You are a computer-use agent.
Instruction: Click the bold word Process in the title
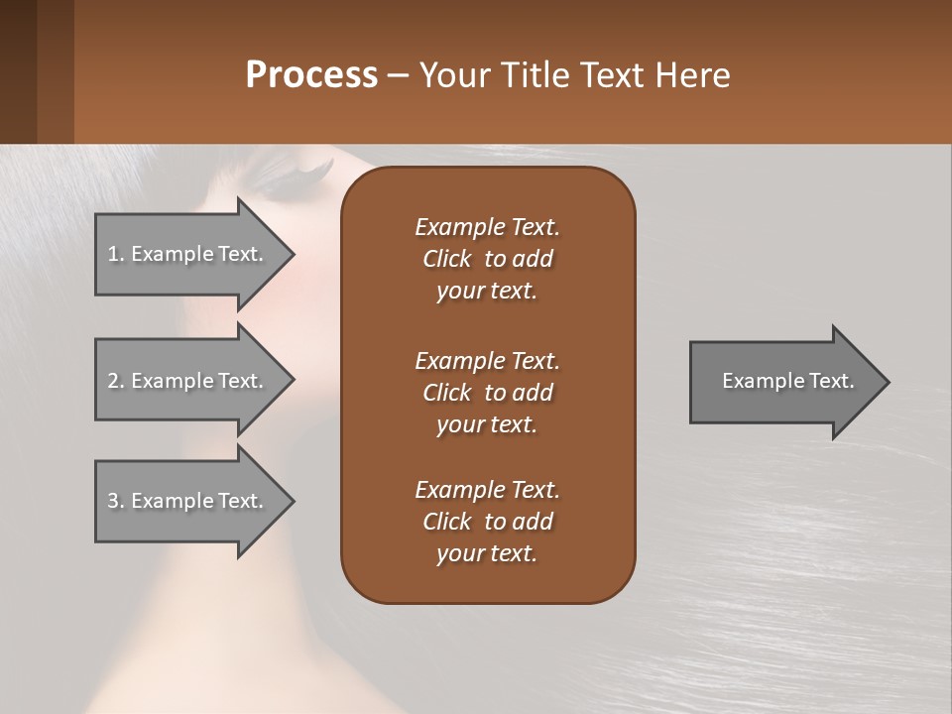(x=311, y=75)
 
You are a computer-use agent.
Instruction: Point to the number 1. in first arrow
(x=116, y=254)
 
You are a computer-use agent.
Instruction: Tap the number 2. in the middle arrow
(x=116, y=381)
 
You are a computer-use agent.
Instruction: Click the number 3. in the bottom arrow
(x=116, y=501)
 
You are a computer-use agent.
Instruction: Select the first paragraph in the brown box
(x=487, y=259)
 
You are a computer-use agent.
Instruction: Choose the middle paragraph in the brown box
(x=487, y=393)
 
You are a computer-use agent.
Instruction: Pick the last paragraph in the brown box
(x=487, y=522)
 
